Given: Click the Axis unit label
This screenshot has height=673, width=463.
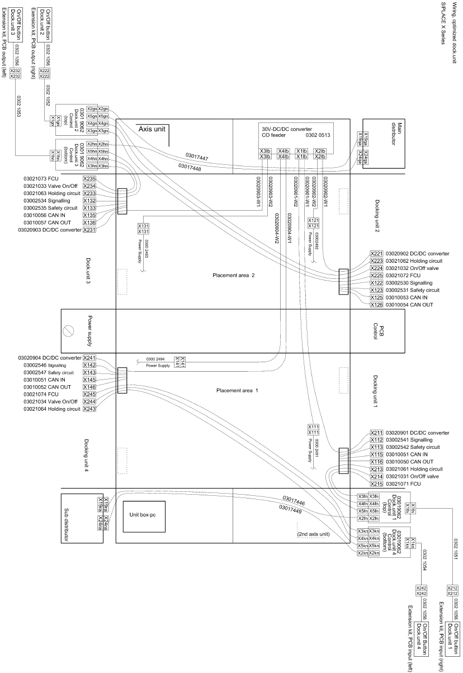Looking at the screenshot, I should tap(152, 129).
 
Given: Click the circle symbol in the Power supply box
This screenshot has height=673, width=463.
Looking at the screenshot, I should tap(69, 330).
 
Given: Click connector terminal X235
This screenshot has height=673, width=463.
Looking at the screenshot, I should tap(89, 179).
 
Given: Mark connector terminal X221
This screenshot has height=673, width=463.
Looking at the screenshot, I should tap(376, 254).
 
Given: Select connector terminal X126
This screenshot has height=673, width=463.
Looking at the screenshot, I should tap(376, 305).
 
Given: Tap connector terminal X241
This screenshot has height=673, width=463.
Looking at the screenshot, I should tap(89, 358).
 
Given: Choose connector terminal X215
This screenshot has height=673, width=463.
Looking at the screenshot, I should tap(376, 484).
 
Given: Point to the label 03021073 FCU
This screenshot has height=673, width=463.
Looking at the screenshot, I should tap(49, 179).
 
